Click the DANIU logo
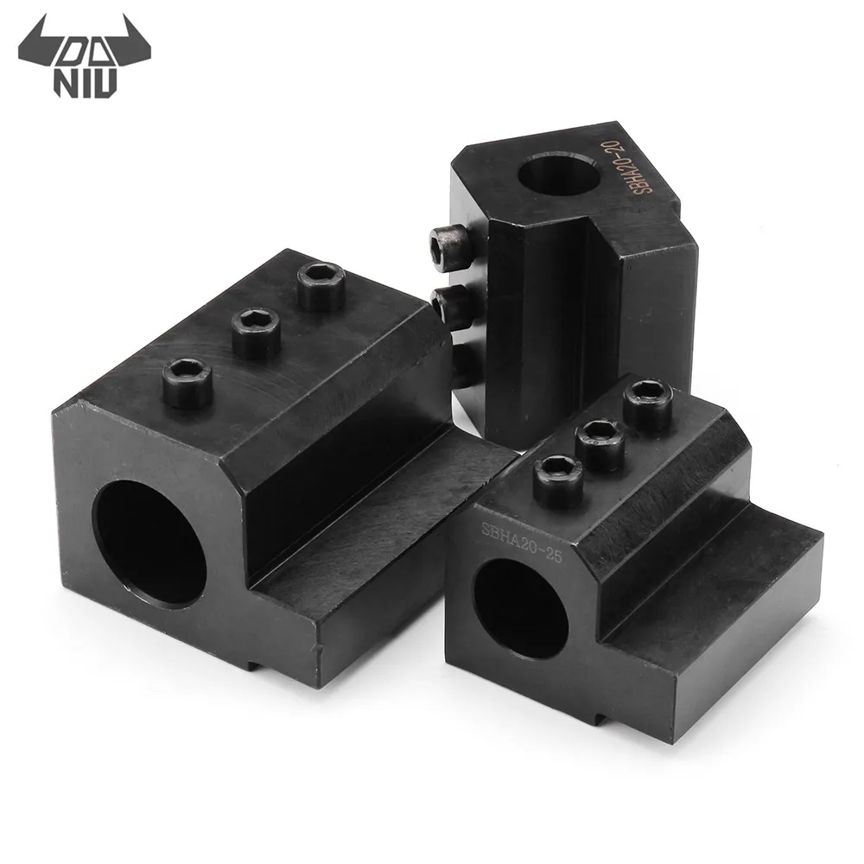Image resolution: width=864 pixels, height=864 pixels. point(79,60)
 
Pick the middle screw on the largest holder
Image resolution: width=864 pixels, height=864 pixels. point(256,333)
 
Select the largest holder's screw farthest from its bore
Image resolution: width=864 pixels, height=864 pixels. point(321,287)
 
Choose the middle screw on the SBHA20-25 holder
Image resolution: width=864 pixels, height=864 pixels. point(600,442)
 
